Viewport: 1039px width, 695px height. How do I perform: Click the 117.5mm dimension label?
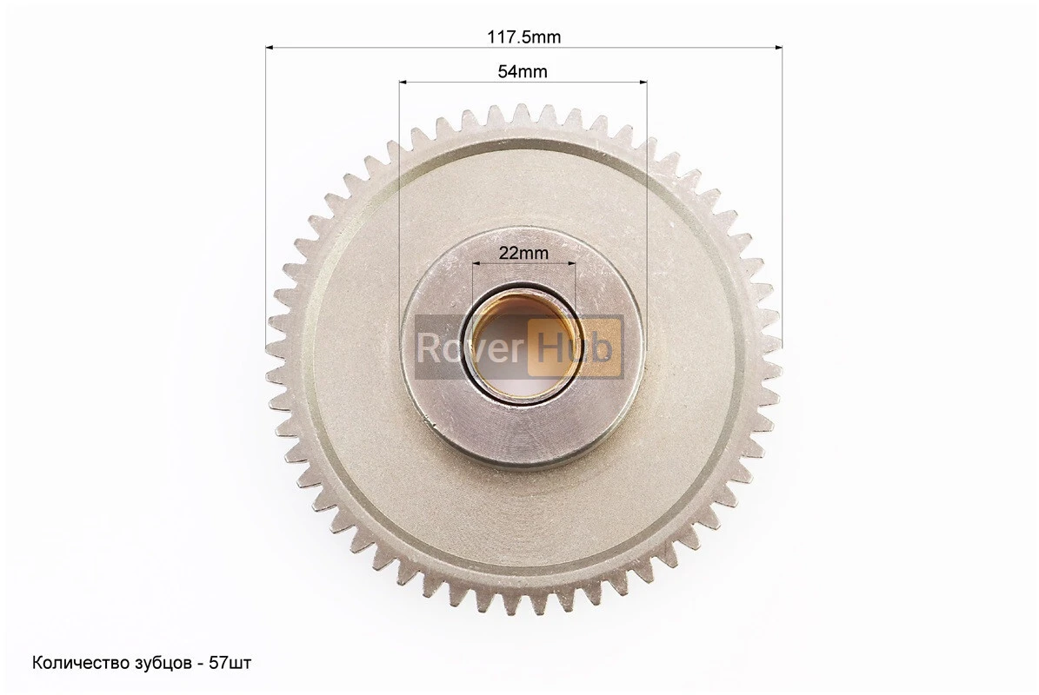pos(523,37)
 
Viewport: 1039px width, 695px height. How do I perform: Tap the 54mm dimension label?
pos(523,71)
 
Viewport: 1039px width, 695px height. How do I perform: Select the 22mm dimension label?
pos(523,252)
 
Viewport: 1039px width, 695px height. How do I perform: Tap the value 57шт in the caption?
pos(230,663)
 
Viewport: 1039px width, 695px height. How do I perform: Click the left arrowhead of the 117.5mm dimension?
pos(270,48)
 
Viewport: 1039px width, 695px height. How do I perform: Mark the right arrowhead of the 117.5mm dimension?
pos(778,48)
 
